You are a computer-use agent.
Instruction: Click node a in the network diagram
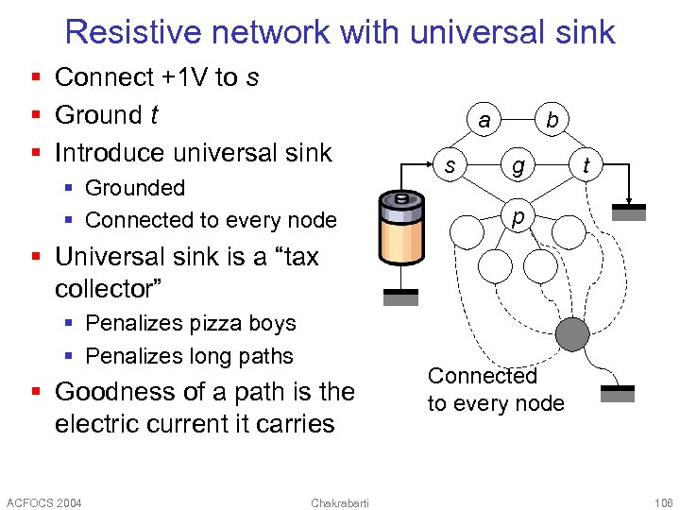tap(484, 120)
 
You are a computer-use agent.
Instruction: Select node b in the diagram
tap(552, 120)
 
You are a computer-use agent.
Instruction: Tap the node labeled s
tap(450, 166)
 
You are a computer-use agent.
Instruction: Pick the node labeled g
tap(518, 166)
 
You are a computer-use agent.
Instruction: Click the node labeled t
tap(586, 166)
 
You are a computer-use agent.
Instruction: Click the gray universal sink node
tap(571, 333)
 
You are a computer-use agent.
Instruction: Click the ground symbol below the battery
tap(400, 297)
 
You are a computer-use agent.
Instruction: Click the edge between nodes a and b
tap(518, 120)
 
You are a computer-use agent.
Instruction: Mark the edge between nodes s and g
tap(484, 166)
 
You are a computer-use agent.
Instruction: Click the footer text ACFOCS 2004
tap(44, 501)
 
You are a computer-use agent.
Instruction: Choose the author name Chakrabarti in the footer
tap(340, 501)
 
